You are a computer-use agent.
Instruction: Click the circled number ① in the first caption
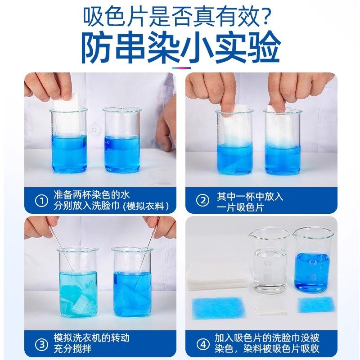click(41, 201)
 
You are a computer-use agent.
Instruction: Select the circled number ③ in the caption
click(41, 345)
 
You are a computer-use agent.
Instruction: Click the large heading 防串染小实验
click(180, 47)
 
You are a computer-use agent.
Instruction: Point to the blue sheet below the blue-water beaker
click(316, 305)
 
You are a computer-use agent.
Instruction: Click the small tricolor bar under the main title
click(180, 68)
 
